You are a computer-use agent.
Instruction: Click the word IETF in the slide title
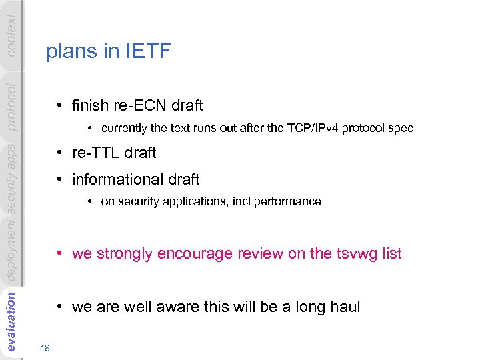click(148, 52)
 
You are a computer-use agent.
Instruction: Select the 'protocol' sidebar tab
click(11, 107)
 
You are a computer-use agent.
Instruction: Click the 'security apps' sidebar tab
click(11, 178)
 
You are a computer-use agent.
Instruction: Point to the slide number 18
click(45, 348)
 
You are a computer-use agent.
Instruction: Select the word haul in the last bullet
click(344, 307)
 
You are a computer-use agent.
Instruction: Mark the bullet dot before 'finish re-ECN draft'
click(60, 105)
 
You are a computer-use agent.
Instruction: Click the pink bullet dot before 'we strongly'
click(60, 253)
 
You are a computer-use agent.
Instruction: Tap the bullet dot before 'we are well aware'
click(60, 307)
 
